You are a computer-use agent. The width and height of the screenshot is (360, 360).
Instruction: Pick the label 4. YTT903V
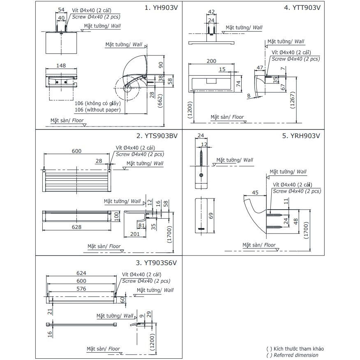[x=302, y=8]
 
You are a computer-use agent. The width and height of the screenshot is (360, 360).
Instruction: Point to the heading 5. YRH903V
[x=301, y=136]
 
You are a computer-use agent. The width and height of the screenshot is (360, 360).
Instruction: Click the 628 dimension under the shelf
[x=76, y=227]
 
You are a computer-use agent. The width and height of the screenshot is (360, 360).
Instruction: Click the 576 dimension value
[x=82, y=289]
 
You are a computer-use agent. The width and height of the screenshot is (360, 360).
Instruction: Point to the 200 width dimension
[x=211, y=61]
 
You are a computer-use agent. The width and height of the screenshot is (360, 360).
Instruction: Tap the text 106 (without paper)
[x=97, y=110]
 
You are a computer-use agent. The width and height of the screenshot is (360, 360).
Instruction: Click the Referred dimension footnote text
[x=295, y=355]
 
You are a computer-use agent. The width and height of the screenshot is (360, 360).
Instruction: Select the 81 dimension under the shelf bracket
[x=141, y=226]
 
